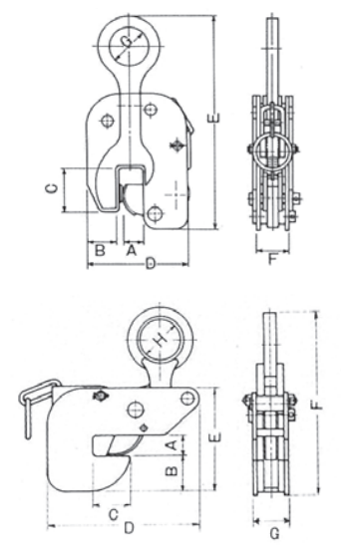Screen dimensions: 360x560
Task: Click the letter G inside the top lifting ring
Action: coord(127,42)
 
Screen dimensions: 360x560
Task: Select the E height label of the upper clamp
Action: coord(213,118)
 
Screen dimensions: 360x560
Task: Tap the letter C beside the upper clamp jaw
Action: coord(52,188)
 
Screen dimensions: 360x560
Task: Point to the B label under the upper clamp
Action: coord(100,250)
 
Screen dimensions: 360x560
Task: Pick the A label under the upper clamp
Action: coord(132,250)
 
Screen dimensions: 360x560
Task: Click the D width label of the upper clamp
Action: coord(151,265)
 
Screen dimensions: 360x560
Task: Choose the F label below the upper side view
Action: coord(273,259)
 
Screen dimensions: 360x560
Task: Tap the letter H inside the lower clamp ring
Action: coord(161,340)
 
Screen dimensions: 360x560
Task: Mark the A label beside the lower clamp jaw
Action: coord(172,445)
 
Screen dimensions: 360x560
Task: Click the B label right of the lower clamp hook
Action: coord(172,470)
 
